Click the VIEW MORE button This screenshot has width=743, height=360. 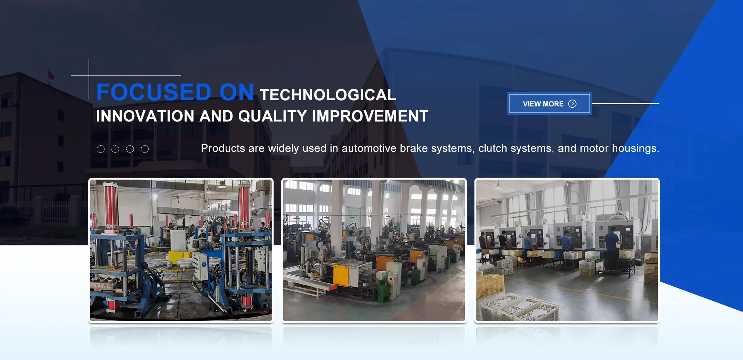click(550, 104)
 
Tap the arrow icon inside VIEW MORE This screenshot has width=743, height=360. click(572, 104)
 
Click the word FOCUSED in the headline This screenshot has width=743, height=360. click(154, 92)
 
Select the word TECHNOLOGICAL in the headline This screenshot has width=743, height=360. click(328, 95)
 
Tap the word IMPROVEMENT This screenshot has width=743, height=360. click(370, 116)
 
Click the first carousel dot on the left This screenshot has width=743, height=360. click(101, 149)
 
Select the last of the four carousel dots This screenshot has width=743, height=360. click(145, 149)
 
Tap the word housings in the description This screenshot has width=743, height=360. click(635, 149)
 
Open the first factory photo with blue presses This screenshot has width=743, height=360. click(181, 250)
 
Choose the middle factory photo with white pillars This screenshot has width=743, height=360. click(374, 250)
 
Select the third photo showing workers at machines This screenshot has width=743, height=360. click(567, 250)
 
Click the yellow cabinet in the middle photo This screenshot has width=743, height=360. click(341, 274)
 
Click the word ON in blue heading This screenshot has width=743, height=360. click(236, 92)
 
